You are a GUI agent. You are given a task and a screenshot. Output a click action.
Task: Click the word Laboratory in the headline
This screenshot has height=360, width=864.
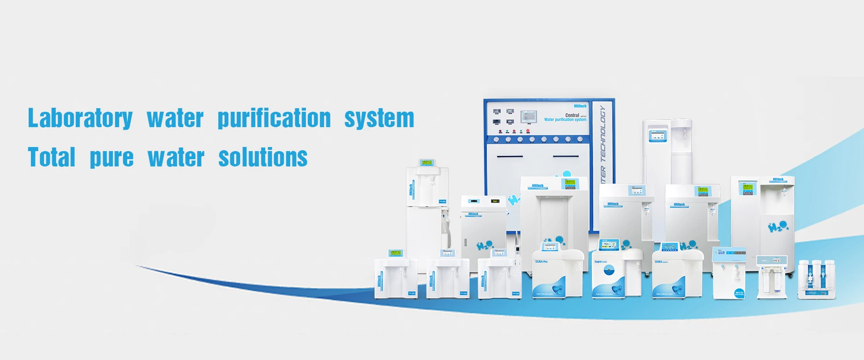coord(80,118)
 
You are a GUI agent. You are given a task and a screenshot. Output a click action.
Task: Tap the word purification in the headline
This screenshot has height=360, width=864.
coord(274,118)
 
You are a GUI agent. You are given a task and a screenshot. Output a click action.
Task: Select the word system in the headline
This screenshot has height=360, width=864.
coord(379,118)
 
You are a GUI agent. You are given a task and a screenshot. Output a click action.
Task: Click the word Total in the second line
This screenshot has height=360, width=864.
coord(51,157)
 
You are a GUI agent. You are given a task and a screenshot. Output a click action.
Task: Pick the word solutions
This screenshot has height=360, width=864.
coord(263,157)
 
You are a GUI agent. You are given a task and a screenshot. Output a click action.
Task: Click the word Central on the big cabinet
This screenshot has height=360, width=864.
coord(572,115)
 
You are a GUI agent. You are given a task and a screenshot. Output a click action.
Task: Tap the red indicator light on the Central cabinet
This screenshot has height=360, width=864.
coord(528,131)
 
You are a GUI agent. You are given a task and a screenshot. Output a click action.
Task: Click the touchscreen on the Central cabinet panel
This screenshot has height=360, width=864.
coord(529,117)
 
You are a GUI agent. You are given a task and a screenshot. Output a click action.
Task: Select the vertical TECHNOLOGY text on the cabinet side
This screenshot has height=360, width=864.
coord(603,135)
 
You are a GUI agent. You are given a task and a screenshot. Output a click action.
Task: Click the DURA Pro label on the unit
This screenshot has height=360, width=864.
coord(541,261)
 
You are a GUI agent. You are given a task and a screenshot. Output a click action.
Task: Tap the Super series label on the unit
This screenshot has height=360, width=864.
coord(601,261)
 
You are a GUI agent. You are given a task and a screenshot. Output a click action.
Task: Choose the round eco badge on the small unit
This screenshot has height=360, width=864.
coord(739,293)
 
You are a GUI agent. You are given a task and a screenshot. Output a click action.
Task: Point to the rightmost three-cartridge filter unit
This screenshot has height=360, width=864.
coord(816,279)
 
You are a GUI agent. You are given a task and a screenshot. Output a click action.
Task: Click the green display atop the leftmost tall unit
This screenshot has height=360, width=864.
coord(426,162)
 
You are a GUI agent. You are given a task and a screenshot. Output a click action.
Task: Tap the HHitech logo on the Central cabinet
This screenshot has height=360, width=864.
coord(580,106)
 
